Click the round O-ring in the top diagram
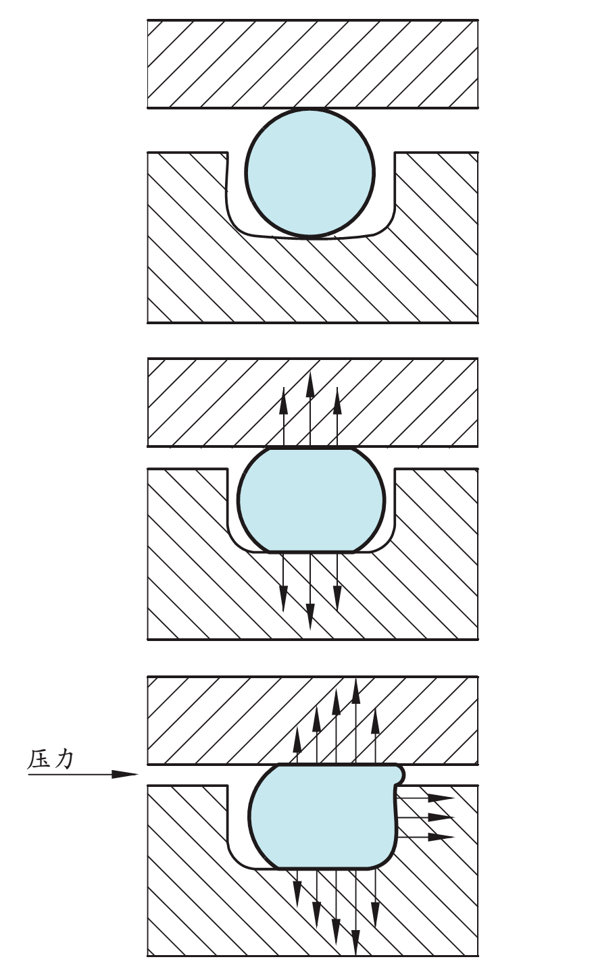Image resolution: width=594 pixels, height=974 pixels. point(310,173)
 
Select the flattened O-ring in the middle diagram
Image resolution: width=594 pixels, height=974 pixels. point(311,500)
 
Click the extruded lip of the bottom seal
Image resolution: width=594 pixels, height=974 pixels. point(400,773)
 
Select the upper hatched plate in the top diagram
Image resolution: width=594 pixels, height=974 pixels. point(312,63)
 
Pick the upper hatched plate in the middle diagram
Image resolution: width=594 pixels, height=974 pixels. point(405,402)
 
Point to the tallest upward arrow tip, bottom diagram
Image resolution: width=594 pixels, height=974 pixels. point(356,686)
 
